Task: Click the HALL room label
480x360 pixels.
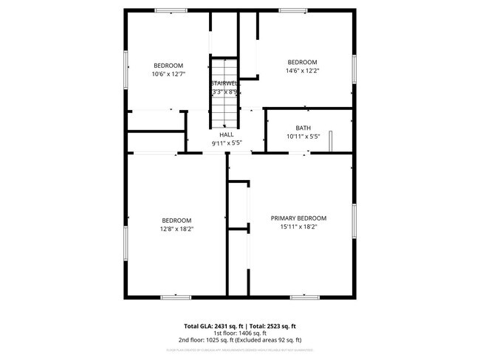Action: [x=227, y=135]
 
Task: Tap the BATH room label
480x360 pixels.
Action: [x=304, y=128]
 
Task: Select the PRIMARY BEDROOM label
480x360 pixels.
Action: [x=298, y=218]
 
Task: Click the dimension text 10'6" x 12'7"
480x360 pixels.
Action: [x=168, y=74]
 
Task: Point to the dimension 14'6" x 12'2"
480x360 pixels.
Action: [x=302, y=71]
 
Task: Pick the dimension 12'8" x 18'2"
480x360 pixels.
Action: [x=177, y=229]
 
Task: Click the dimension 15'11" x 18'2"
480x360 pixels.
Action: [x=298, y=227]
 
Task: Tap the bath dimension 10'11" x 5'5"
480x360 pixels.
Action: [x=304, y=137]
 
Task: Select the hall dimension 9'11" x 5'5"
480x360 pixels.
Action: [x=227, y=143]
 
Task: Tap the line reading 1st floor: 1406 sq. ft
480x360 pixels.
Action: [x=240, y=333]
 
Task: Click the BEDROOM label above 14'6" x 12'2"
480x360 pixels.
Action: [x=302, y=62]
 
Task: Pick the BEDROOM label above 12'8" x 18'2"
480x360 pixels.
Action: [x=177, y=221]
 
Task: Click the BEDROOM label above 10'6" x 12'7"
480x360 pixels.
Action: [x=168, y=65]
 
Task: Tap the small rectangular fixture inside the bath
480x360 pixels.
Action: [x=332, y=139]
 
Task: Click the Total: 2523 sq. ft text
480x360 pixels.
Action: [x=272, y=325]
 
